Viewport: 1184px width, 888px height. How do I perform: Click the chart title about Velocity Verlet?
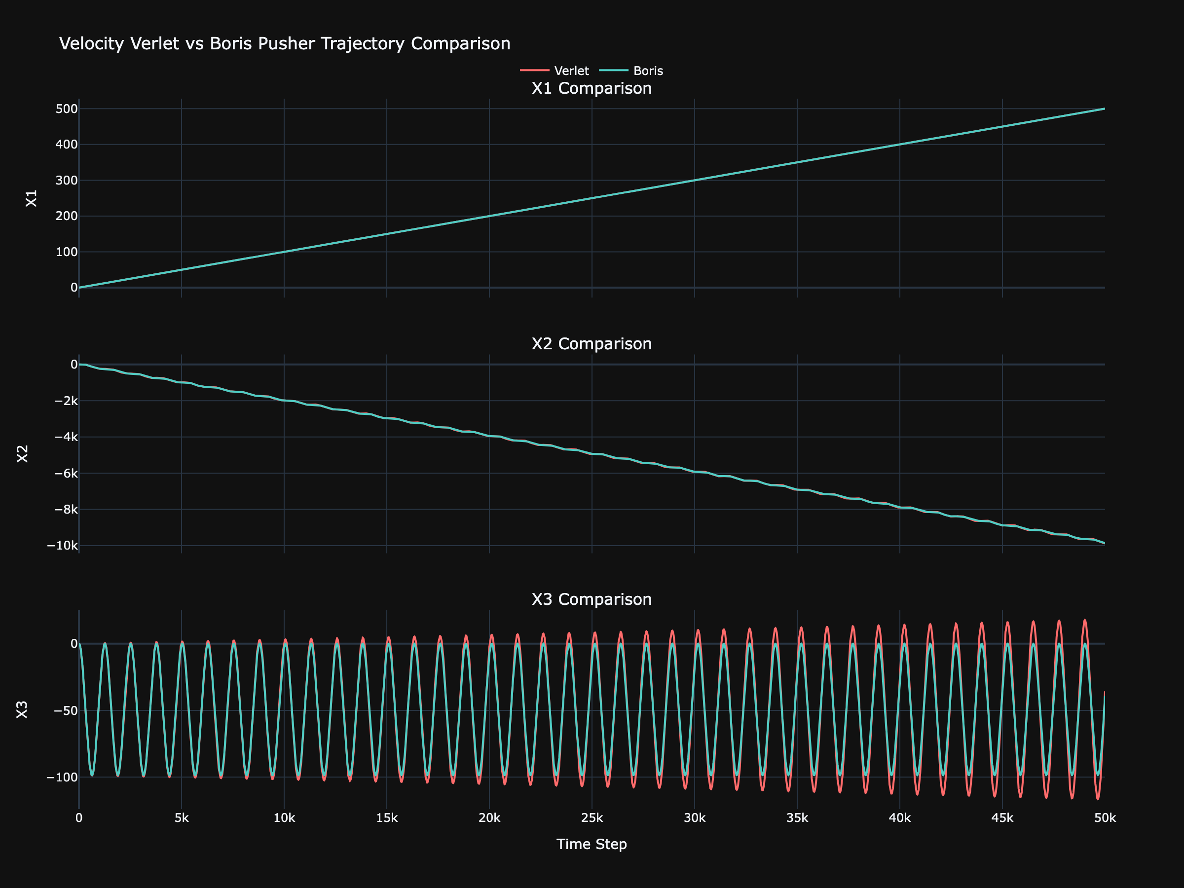pos(284,43)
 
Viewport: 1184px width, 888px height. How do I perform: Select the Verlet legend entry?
pos(571,71)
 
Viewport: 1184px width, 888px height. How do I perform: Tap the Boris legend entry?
pos(648,71)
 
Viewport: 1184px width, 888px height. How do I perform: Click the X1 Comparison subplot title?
pos(592,88)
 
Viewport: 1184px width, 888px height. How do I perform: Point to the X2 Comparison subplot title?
pos(592,344)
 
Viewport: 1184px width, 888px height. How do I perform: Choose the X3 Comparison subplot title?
pos(592,599)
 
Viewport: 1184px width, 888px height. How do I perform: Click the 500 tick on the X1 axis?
pos(67,109)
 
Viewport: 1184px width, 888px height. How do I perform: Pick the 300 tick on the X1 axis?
pos(67,181)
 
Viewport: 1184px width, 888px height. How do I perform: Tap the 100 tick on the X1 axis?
pos(67,252)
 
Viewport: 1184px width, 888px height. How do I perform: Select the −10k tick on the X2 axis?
pos(62,546)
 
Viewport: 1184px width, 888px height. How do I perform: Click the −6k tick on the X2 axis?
pos(65,473)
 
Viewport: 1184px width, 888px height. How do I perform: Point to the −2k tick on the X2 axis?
pos(65,401)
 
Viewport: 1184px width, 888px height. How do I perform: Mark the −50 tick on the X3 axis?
pos(65,710)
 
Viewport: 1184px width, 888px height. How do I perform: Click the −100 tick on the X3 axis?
pos(62,777)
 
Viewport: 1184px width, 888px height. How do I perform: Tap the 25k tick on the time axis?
pos(592,818)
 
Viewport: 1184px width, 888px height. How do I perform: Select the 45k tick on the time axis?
pos(1002,818)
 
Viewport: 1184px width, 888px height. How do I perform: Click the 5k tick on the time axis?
pos(182,818)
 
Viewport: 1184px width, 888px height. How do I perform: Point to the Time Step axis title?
pos(592,844)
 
